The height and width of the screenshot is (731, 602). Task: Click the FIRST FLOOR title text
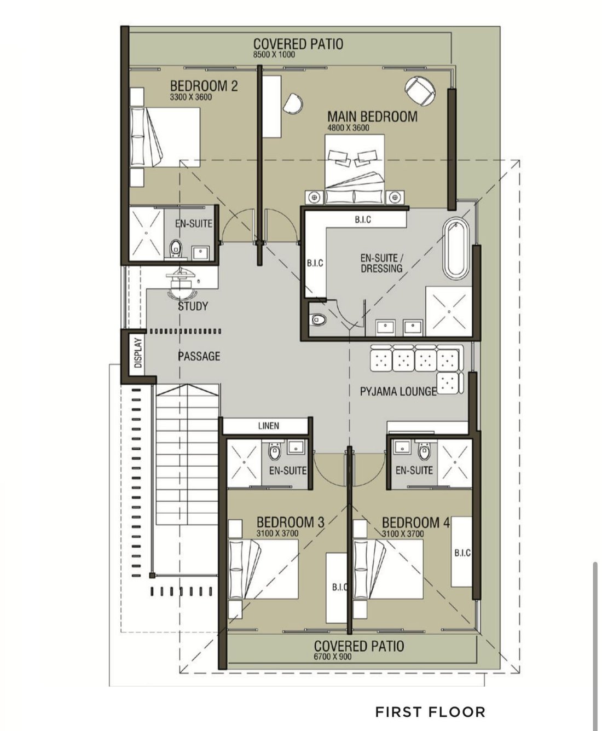click(x=430, y=712)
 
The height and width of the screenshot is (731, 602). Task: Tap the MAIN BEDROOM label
click(x=373, y=117)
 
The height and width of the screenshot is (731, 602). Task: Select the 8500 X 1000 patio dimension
click(x=274, y=54)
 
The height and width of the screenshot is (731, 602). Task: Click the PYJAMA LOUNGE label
click(x=398, y=391)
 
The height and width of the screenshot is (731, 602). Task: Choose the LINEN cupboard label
click(x=268, y=426)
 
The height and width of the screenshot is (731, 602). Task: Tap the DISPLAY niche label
click(x=138, y=353)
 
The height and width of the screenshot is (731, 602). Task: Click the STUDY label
click(x=193, y=306)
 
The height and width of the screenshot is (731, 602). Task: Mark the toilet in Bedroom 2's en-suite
click(x=176, y=249)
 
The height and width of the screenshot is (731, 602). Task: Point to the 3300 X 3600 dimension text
click(x=191, y=97)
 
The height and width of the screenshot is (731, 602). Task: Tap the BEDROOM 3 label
click(x=290, y=522)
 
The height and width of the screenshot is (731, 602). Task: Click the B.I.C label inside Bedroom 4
click(x=462, y=552)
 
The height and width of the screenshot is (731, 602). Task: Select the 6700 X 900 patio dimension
click(x=333, y=657)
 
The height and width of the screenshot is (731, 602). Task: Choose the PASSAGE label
click(x=199, y=356)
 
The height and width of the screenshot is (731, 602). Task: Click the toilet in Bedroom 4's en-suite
click(x=424, y=451)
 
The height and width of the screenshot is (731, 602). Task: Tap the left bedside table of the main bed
click(x=314, y=197)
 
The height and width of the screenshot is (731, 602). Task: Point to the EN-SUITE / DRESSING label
click(x=381, y=263)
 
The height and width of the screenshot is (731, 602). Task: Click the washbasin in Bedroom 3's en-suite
click(x=296, y=447)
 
